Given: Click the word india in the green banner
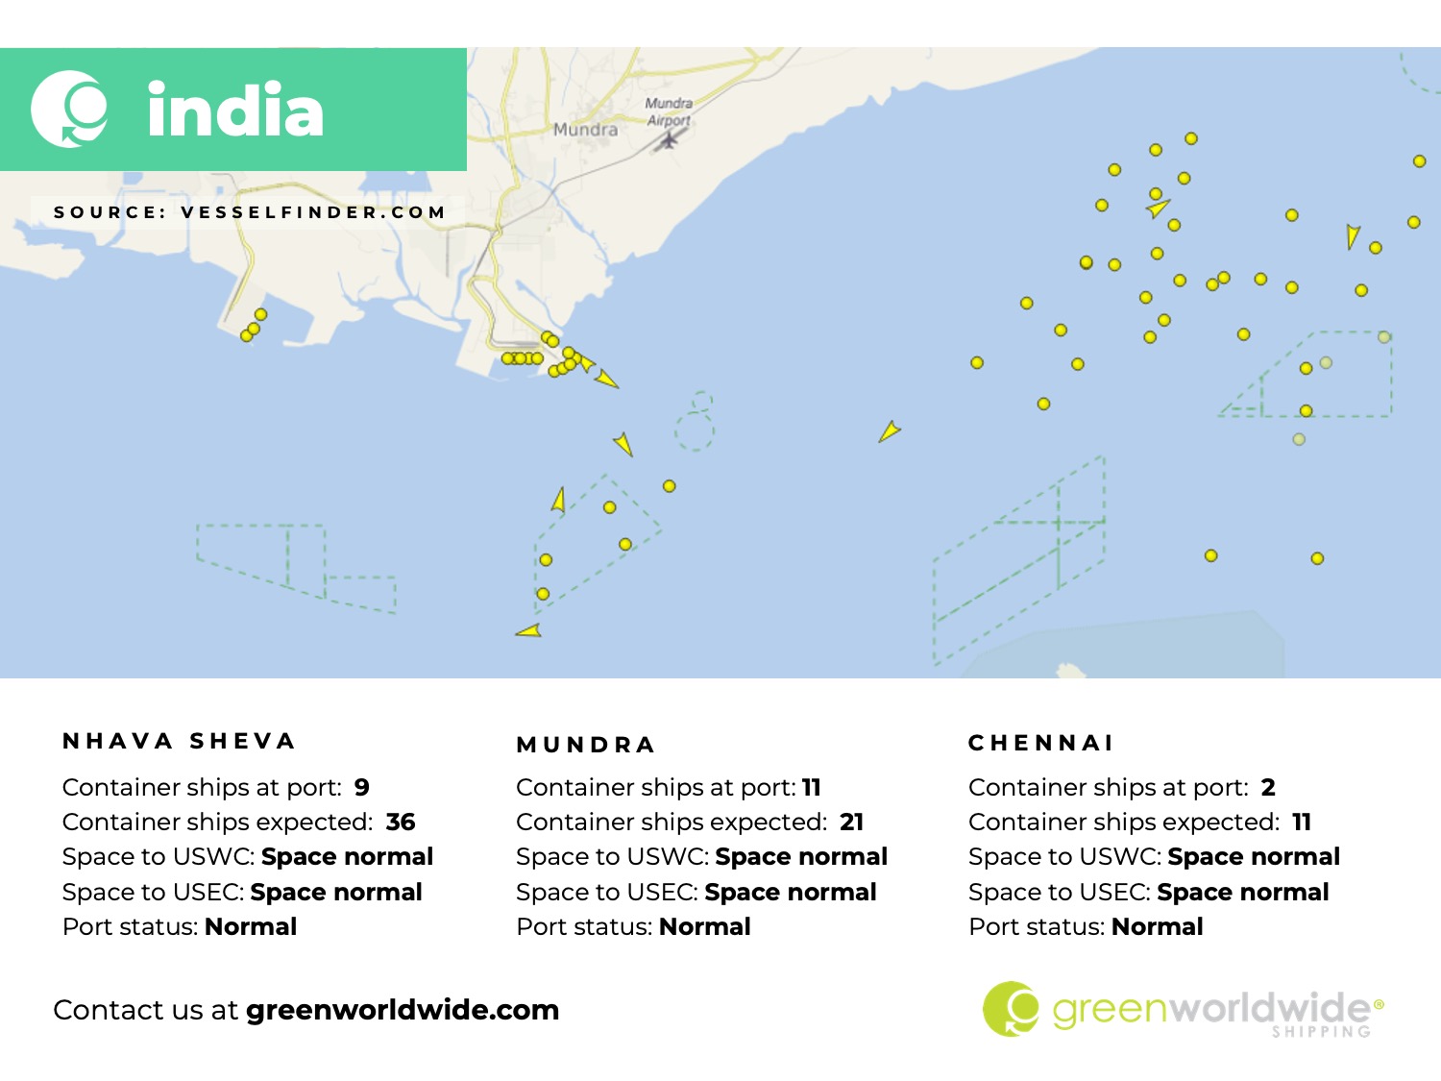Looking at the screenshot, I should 235,111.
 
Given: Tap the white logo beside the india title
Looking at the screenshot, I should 69,109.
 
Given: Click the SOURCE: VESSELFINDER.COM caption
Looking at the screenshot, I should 250,212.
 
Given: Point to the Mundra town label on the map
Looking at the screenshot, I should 585,130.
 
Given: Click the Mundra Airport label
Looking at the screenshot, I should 669,111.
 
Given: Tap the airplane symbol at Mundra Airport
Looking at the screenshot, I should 668,140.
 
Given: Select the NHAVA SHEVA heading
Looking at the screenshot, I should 179,741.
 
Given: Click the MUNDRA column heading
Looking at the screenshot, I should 586,745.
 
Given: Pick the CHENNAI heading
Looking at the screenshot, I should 1041,743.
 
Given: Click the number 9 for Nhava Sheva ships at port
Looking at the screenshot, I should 362,787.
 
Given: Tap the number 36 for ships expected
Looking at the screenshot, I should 401,822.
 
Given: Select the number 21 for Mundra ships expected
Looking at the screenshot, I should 852,822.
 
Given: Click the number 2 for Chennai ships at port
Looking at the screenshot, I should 1268,787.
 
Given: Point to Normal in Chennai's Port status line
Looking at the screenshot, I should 1157,926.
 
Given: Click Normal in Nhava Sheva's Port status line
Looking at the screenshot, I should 251,926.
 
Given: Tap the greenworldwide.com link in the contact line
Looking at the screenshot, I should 403,1010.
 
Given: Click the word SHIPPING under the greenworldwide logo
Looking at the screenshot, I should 1321,1032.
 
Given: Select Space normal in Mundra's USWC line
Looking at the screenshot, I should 801,856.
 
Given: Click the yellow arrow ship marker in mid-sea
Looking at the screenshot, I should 889,431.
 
